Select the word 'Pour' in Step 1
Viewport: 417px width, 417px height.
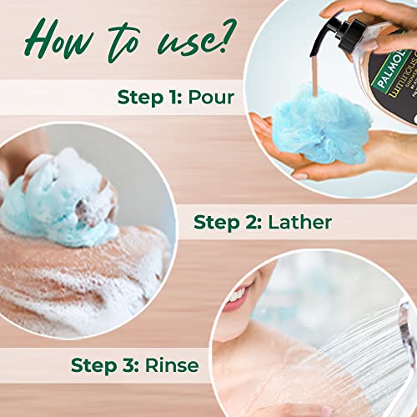point(211,98)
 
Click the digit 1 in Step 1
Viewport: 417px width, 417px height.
point(171,97)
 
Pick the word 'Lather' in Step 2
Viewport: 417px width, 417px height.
point(300,222)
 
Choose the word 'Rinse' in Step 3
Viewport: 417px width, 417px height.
point(172,364)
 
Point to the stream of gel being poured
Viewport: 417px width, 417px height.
point(315,74)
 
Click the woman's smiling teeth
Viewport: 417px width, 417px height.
point(239,295)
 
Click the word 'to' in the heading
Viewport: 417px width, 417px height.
point(123,42)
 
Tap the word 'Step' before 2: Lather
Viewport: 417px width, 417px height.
point(217,223)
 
